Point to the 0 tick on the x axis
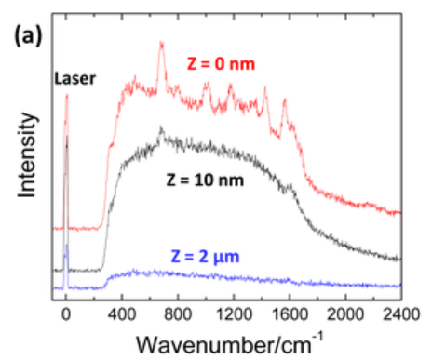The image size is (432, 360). [x=65, y=313]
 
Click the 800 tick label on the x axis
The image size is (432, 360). [x=177, y=313]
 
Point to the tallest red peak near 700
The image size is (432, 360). [x=161, y=43]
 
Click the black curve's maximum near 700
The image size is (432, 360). [x=161, y=128]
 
